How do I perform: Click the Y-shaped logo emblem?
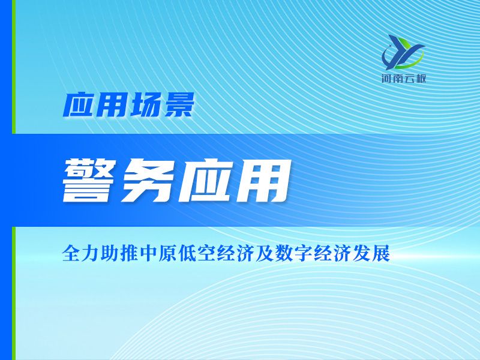click(x=403, y=52)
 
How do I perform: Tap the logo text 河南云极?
click(x=403, y=79)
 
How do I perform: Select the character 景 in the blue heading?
click(x=178, y=104)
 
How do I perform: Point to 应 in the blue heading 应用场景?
click(x=79, y=104)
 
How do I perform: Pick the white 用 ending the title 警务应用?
click(x=263, y=181)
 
